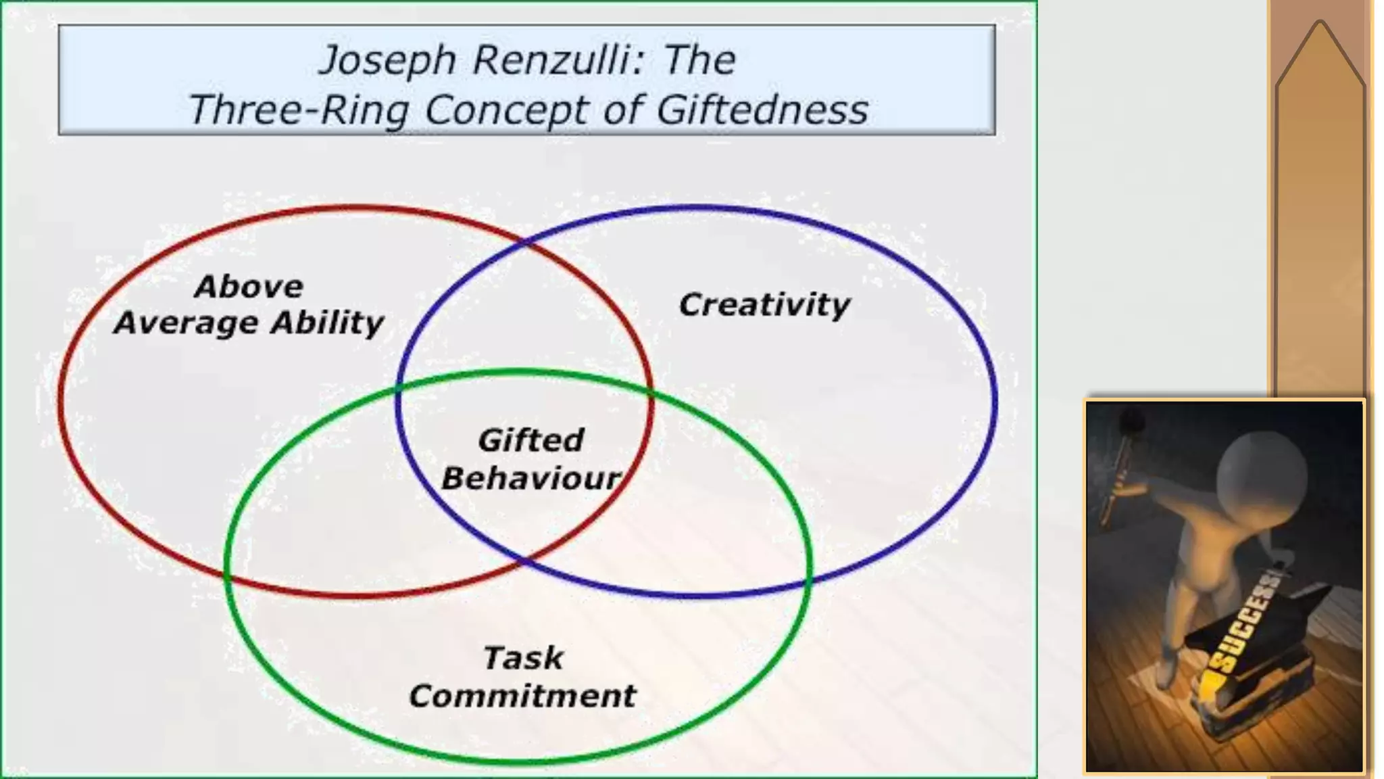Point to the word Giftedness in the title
(x=762, y=110)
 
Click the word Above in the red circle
(x=249, y=287)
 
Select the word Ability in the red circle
(x=328, y=323)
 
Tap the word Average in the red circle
(x=186, y=323)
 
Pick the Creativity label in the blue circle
(x=764, y=304)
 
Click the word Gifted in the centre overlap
(x=531, y=440)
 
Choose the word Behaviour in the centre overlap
(x=531, y=479)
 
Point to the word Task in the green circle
(x=523, y=658)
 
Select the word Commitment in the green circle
(x=522, y=696)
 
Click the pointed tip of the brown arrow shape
(x=1320, y=24)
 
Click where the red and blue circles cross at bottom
(x=524, y=561)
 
